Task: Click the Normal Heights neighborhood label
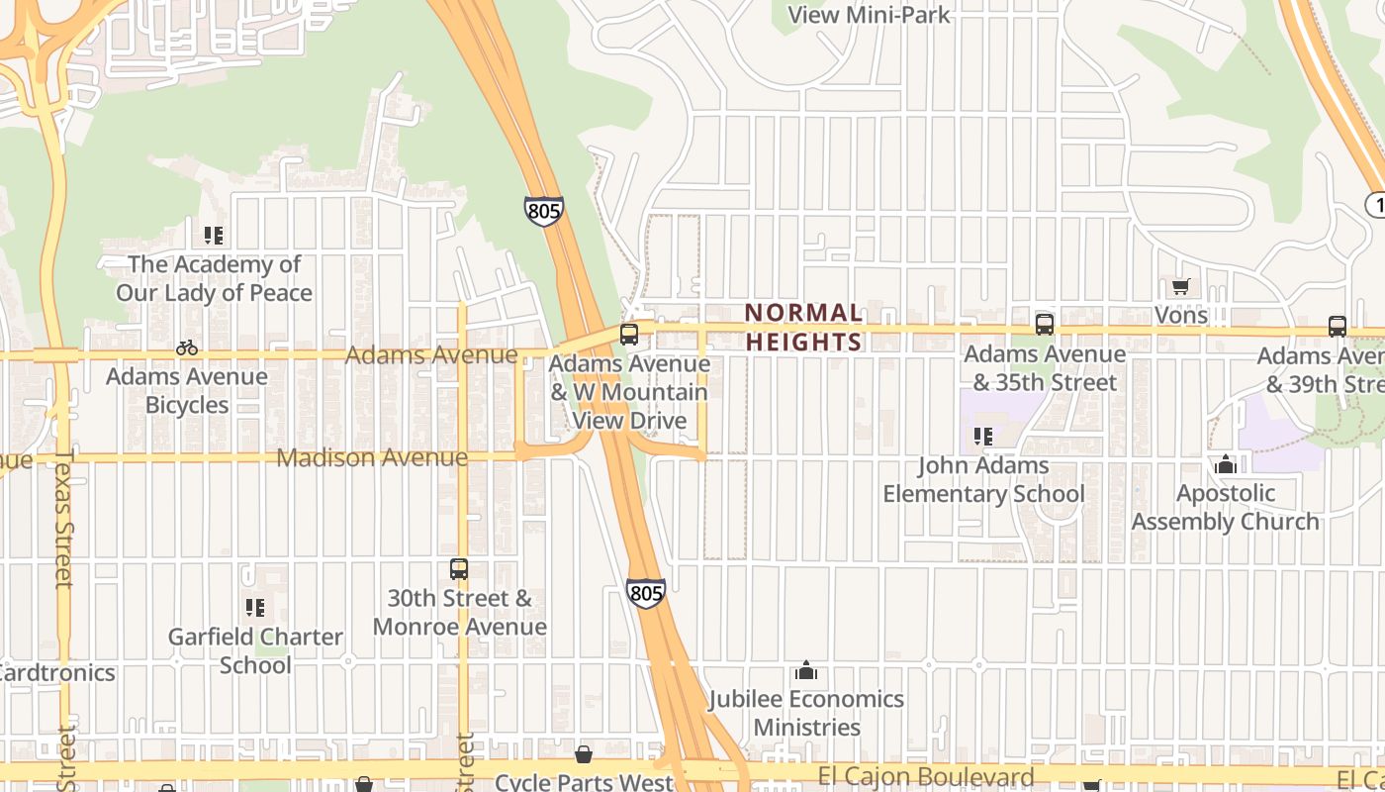pyautogui.click(x=803, y=327)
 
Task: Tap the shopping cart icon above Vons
pyautogui.click(x=1179, y=287)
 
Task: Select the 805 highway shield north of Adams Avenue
pyautogui.click(x=543, y=210)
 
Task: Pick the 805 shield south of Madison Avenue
pyautogui.click(x=645, y=593)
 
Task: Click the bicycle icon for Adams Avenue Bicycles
pyautogui.click(x=186, y=347)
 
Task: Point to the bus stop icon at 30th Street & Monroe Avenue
pyautogui.click(x=459, y=569)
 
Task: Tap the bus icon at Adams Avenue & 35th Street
pyautogui.click(x=1044, y=324)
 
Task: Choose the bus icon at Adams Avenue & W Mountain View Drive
pyautogui.click(x=629, y=335)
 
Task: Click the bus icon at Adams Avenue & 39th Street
pyautogui.click(x=1338, y=326)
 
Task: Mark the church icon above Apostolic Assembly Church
pyautogui.click(x=1226, y=464)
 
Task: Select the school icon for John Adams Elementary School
pyautogui.click(x=982, y=436)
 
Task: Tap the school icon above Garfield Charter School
pyautogui.click(x=255, y=607)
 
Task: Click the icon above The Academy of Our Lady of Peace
pyautogui.click(x=214, y=236)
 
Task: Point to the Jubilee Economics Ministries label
pyautogui.click(x=805, y=713)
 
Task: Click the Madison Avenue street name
pyautogui.click(x=372, y=457)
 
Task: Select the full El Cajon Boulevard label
pyautogui.click(x=927, y=777)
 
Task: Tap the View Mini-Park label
pyautogui.click(x=869, y=14)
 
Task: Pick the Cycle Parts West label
pyautogui.click(x=584, y=782)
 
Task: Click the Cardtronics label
pyautogui.click(x=57, y=673)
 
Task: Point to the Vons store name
pyautogui.click(x=1181, y=315)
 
